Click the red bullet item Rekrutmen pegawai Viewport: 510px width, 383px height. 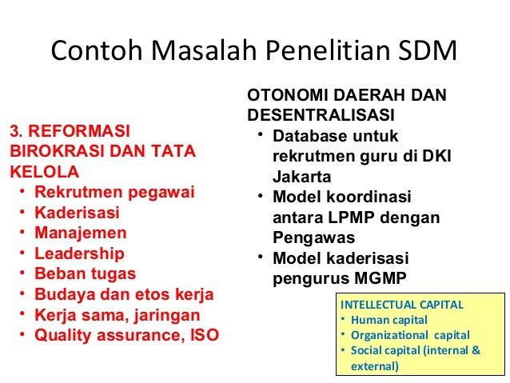click(x=114, y=192)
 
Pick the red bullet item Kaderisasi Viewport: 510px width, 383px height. click(x=77, y=213)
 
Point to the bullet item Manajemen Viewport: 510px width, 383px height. click(x=80, y=233)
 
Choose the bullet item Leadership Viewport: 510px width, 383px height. click(x=79, y=254)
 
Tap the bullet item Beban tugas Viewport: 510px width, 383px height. click(x=86, y=275)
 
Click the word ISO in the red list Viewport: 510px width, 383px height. click(x=201, y=336)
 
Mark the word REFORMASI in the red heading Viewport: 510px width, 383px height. click(x=81, y=130)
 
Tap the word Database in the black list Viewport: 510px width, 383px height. click(x=307, y=137)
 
